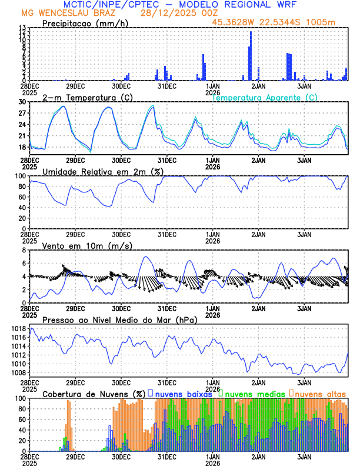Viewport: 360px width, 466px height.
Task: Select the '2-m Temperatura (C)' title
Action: tap(79, 97)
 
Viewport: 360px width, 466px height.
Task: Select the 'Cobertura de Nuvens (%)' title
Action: tap(93, 394)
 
